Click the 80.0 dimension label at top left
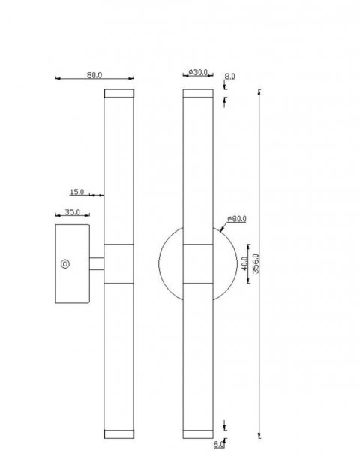pyautogui.click(x=94, y=74)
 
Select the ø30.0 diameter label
pyautogui.click(x=197, y=72)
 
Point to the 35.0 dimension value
pyautogui.click(x=72, y=212)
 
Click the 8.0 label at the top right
pyautogui.click(x=229, y=76)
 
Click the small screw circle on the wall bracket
pyautogui.click(x=65, y=263)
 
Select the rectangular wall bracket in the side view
pyautogui.click(x=73, y=262)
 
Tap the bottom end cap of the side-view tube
pyautogui.click(x=118, y=433)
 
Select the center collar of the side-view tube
pyautogui.click(x=118, y=263)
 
